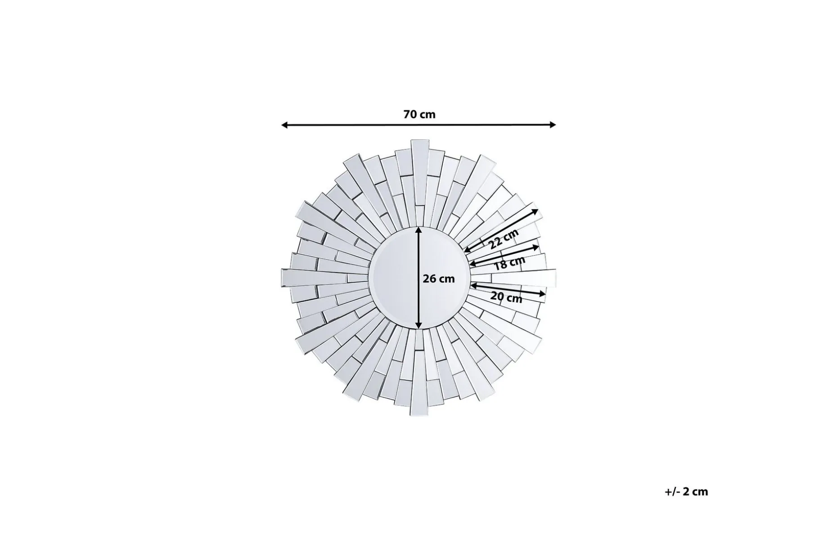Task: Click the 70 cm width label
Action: pyautogui.click(x=419, y=114)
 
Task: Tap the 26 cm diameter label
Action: pyautogui.click(x=439, y=279)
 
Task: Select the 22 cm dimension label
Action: pyautogui.click(x=504, y=238)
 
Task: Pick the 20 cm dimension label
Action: pyautogui.click(x=506, y=297)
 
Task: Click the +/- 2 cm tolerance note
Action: pyautogui.click(x=686, y=491)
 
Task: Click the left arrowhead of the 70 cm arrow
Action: pyautogui.click(x=284, y=125)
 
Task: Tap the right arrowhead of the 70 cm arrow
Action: pyautogui.click(x=553, y=125)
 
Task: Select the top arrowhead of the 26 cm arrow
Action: pyautogui.click(x=418, y=230)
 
